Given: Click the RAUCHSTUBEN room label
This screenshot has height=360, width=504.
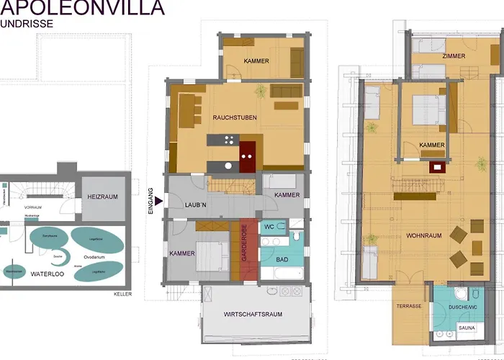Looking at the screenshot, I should (x=235, y=117).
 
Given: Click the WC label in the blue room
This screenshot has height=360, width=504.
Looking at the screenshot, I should (x=269, y=226).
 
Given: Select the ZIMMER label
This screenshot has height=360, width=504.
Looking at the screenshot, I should (x=454, y=55).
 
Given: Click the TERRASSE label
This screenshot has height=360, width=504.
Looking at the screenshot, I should (x=408, y=306).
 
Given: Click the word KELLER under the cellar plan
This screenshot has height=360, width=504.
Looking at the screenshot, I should (x=122, y=294).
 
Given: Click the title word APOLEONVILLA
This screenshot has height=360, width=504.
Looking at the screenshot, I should (x=82, y=8).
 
